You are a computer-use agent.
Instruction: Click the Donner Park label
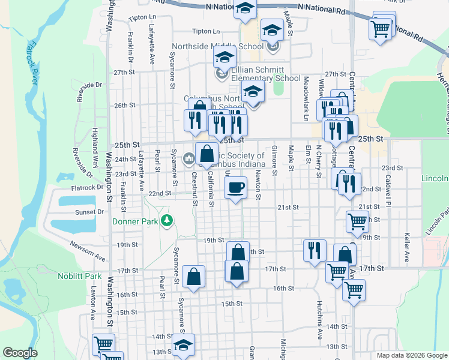135,221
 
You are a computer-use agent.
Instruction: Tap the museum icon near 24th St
189,159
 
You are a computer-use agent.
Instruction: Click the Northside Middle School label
217,46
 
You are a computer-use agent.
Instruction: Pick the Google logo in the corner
20,353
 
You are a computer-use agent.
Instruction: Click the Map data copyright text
411,355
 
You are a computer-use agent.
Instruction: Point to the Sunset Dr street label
89,212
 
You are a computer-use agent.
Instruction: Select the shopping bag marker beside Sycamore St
193,277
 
